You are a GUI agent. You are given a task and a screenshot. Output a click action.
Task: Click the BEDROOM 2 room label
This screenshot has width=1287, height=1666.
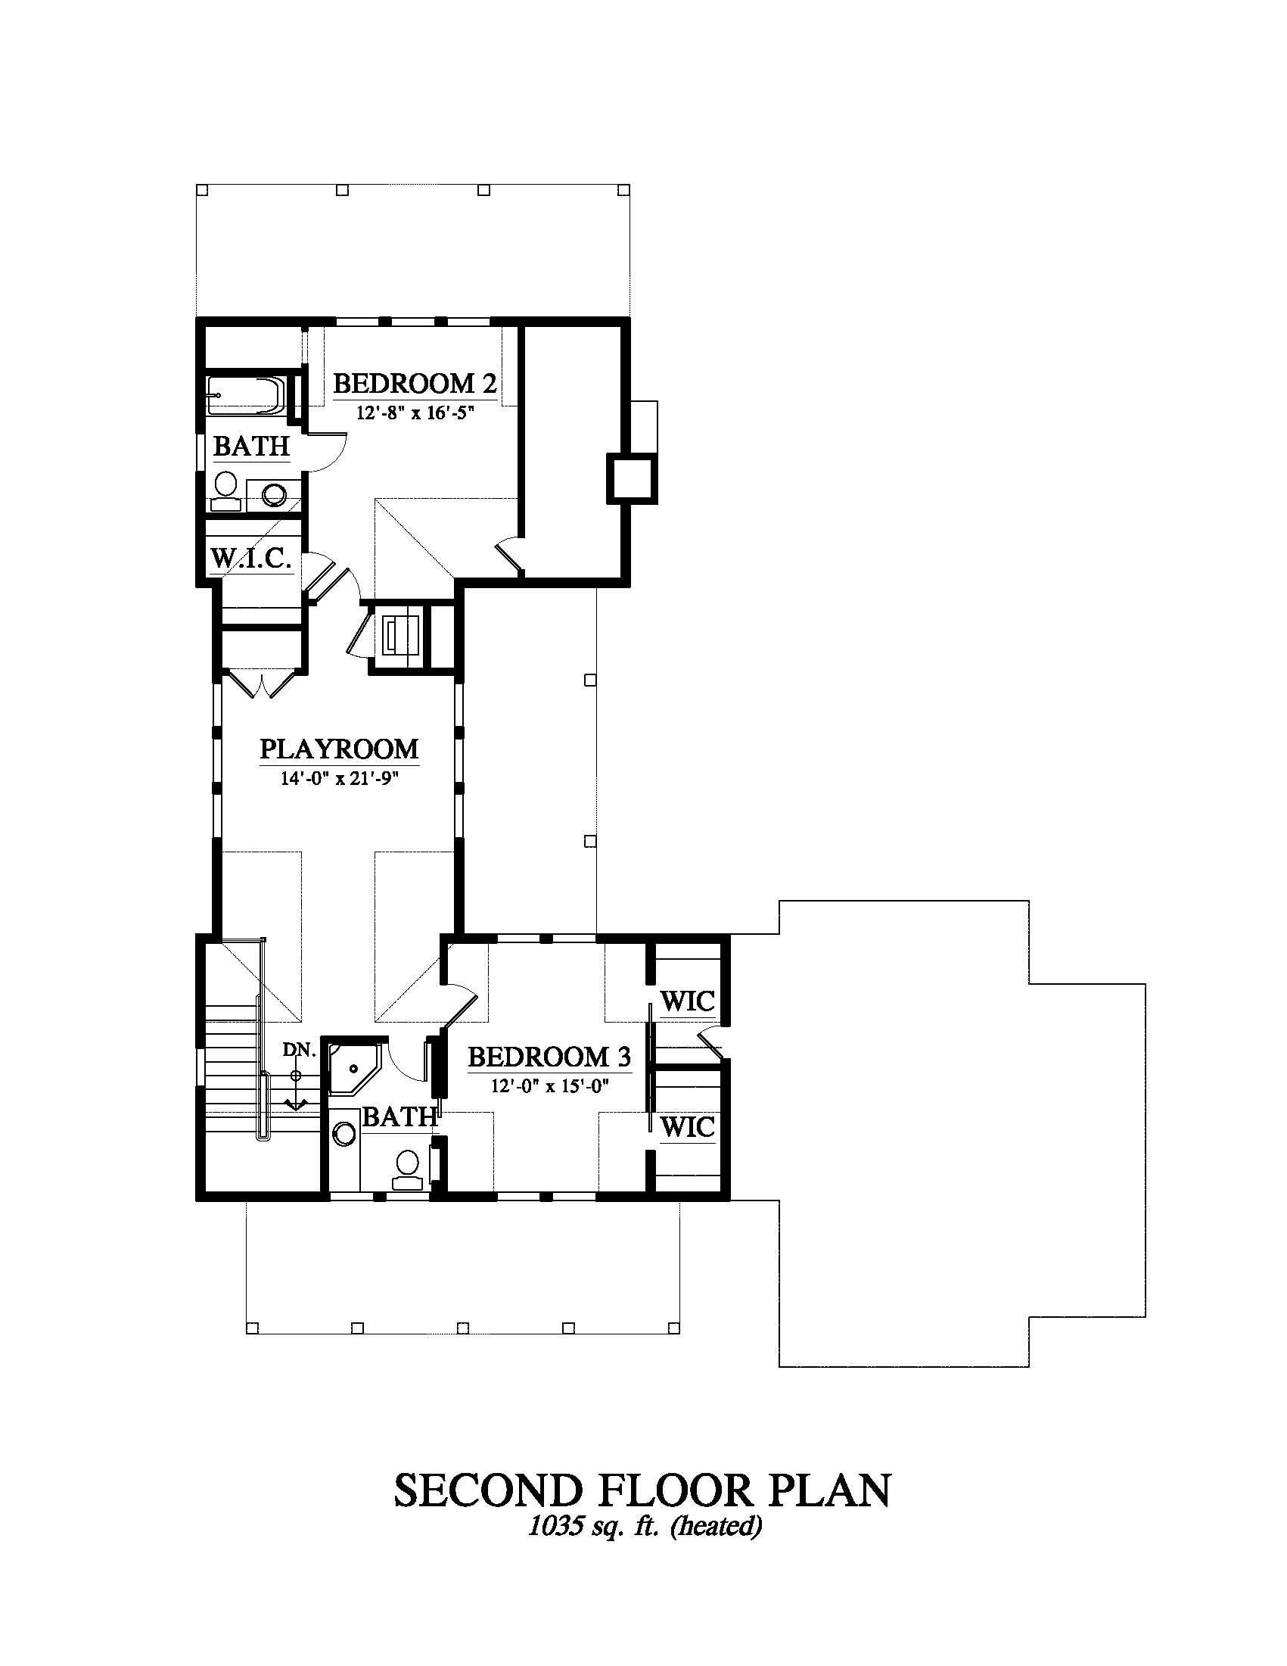[415, 383]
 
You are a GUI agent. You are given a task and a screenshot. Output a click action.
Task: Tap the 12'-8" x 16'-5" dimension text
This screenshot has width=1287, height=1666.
[415, 413]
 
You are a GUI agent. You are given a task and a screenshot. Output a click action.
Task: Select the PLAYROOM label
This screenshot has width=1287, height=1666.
[339, 749]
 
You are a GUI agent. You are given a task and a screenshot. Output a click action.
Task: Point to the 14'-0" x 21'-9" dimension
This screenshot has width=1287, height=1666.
[339, 779]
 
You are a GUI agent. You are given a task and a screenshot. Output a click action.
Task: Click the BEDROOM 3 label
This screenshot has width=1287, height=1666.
[549, 1057]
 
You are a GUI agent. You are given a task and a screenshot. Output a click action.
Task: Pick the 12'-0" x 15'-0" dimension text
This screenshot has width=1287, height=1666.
[551, 1086]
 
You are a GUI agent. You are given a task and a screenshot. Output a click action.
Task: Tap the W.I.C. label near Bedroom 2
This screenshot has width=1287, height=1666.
[251, 559]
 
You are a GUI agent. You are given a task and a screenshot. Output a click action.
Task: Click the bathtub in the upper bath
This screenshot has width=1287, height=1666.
[245, 395]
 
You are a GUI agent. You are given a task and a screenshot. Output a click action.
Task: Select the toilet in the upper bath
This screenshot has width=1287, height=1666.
[225, 490]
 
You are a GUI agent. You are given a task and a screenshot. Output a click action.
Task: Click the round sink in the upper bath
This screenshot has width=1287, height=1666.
[274, 494]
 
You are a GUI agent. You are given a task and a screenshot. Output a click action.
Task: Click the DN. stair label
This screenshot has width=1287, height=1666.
[300, 1051]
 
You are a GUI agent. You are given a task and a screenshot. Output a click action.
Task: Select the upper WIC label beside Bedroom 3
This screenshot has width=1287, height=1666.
[687, 1001]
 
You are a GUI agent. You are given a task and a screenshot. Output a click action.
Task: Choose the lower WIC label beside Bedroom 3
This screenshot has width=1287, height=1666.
[687, 1126]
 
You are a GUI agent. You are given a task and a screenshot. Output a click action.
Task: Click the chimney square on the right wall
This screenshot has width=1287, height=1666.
[631, 478]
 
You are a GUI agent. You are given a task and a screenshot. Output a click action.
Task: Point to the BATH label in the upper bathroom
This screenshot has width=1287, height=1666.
[252, 447]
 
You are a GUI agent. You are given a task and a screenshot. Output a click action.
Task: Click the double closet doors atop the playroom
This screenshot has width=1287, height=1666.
[262, 684]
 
